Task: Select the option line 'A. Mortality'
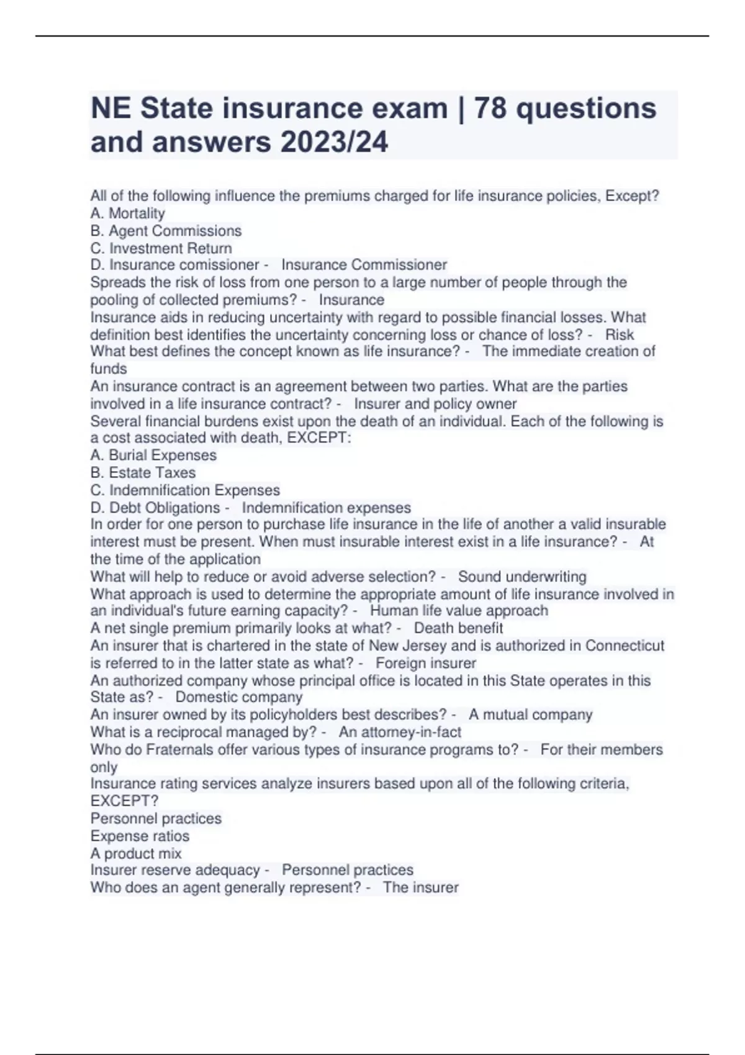click(x=128, y=213)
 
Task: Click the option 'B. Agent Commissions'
click(x=166, y=231)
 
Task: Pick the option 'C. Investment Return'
click(x=161, y=248)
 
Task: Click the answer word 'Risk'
click(x=620, y=335)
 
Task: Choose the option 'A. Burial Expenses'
click(x=153, y=455)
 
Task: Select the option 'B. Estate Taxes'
click(x=143, y=472)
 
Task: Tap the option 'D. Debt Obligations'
click(x=155, y=508)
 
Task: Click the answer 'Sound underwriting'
click(x=522, y=577)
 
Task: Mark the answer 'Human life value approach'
click(x=459, y=611)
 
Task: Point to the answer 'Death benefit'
click(x=458, y=628)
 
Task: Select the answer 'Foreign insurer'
click(x=426, y=663)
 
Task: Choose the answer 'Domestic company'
click(x=239, y=697)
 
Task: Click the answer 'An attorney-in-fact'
click(x=400, y=732)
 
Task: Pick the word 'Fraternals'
click(x=180, y=750)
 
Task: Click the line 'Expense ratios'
click(x=140, y=836)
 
